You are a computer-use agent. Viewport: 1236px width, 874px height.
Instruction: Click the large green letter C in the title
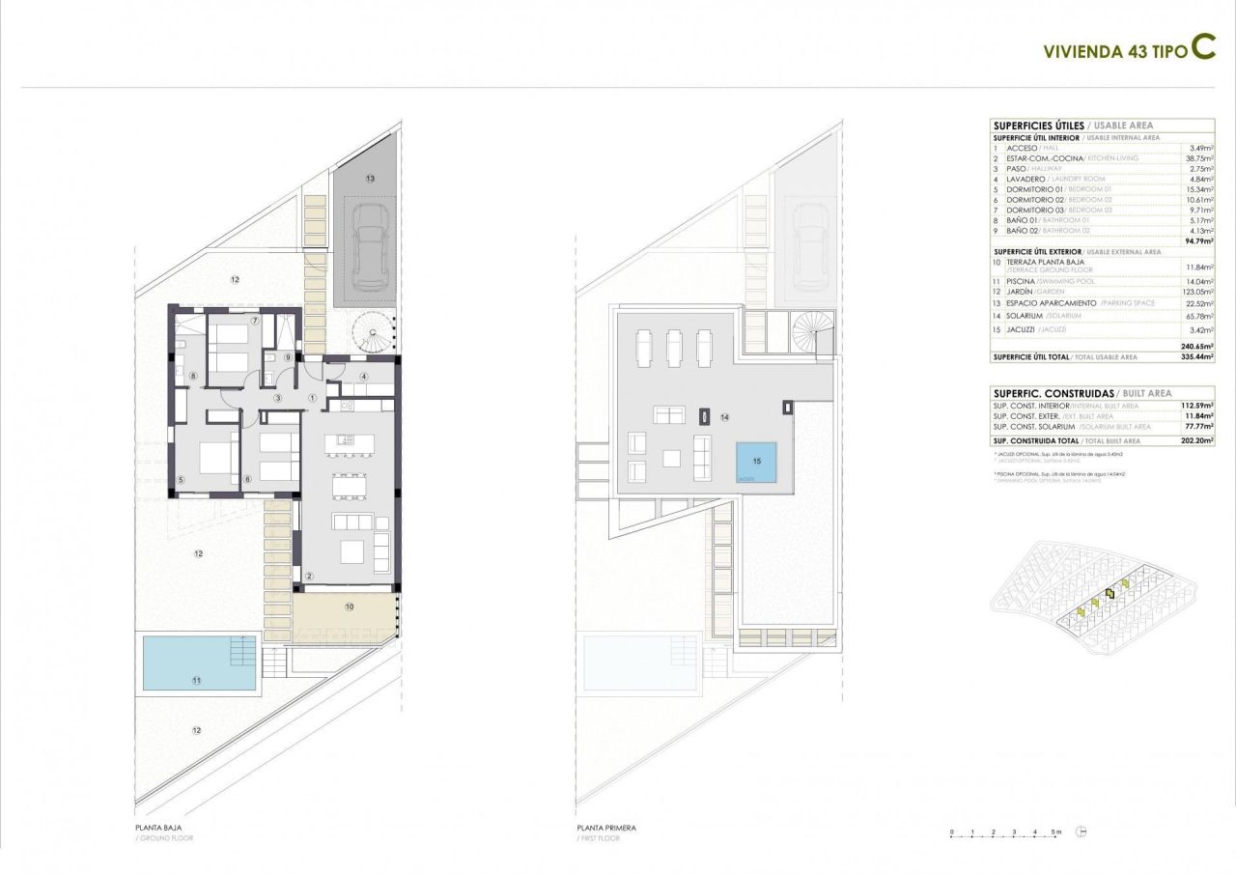(x=1202, y=48)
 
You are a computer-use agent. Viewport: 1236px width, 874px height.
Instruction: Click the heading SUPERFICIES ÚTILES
(x=1039, y=126)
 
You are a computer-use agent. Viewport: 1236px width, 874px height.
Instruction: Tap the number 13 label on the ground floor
(x=369, y=180)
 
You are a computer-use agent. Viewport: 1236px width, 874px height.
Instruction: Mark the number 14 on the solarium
(x=723, y=416)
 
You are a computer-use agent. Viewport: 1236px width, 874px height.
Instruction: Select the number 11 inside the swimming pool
(x=196, y=681)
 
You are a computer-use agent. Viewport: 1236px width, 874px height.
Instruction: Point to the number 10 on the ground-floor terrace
(x=349, y=607)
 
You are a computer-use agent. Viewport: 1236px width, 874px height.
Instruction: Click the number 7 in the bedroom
(x=255, y=321)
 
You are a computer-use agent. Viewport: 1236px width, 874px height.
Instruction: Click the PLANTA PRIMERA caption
(x=606, y=829)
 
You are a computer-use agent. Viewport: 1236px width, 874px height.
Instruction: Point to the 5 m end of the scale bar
(x=1055, y=832)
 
